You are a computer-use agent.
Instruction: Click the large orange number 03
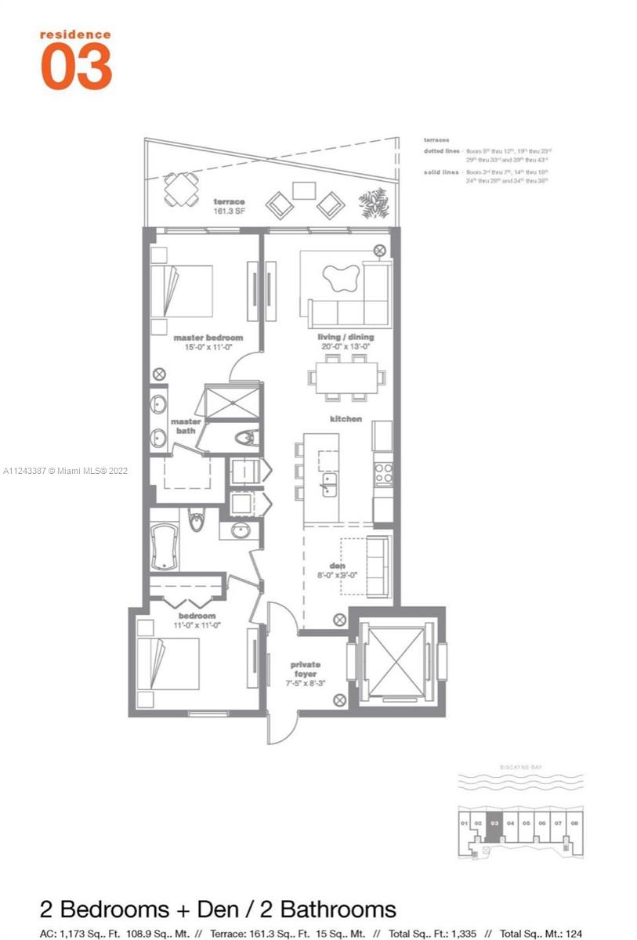(x=76, y=67)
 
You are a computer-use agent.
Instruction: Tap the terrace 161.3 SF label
(x=229, y=206)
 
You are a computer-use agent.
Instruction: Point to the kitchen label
(x=346, y=419)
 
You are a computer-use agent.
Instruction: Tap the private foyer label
(x=305, y=669)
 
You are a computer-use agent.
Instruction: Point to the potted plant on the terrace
(x=373, y=202)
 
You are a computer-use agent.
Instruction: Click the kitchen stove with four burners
(x=382, y=473)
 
